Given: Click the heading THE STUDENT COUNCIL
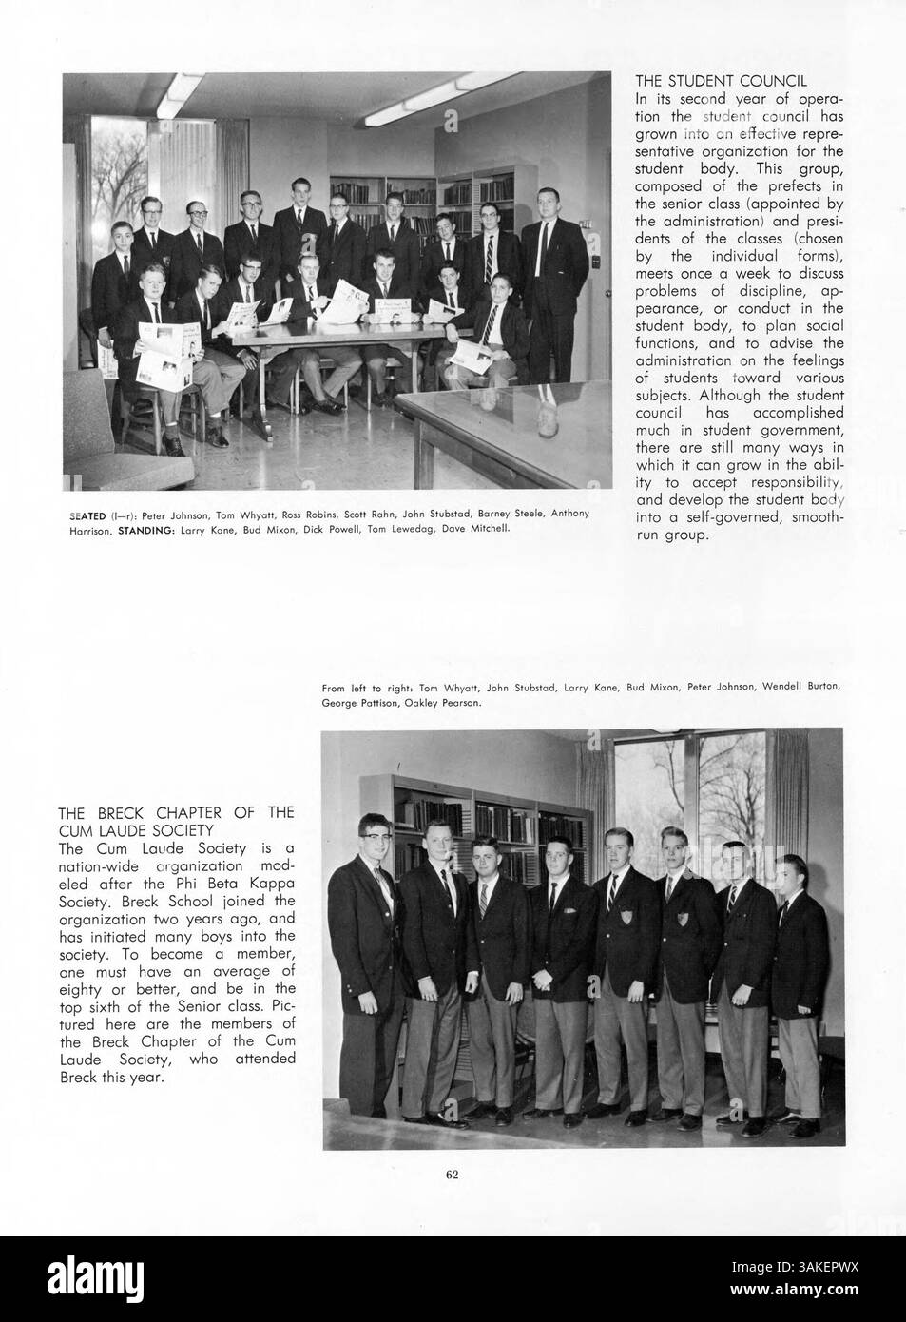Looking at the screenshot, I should [x=720, y=81].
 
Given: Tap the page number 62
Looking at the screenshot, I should [x=453, y=1174].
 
